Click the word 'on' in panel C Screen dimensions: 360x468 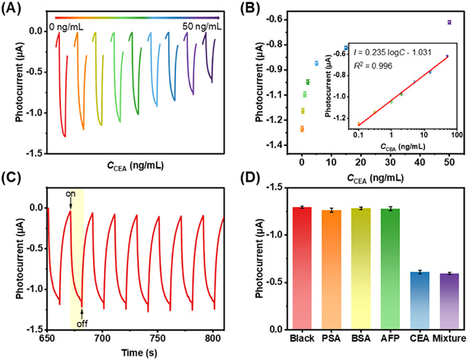70,195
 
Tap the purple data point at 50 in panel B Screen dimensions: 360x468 449,22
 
